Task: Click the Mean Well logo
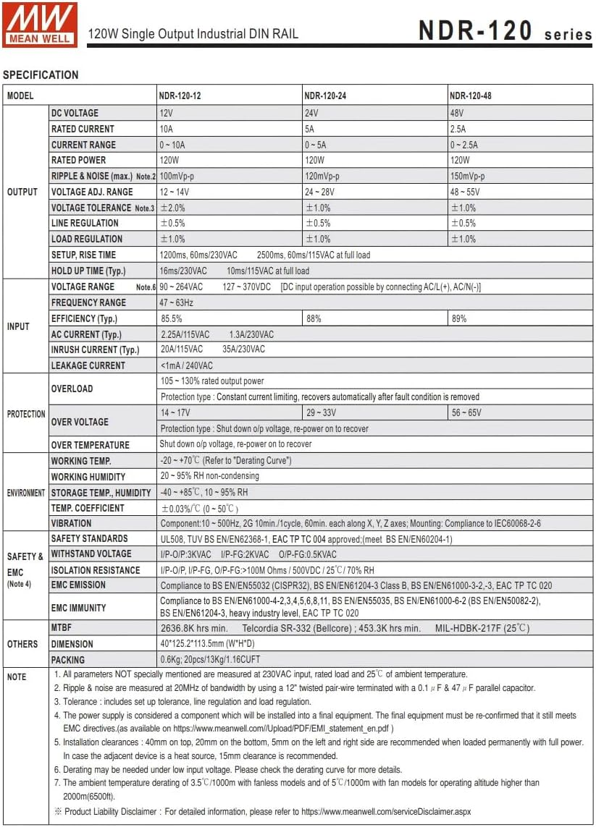[39, 25]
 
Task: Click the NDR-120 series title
[505, 31]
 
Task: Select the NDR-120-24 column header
[328, 96]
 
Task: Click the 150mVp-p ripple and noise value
[468, 177]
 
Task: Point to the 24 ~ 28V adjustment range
[320, 192]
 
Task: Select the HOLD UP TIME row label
[88, 271]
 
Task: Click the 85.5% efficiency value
[172, 318]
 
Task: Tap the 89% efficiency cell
[459, 318]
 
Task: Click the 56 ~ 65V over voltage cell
[466, 413]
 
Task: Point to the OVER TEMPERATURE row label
[91, 445]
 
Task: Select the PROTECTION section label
[26, 414]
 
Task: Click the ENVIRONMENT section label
[26, 493]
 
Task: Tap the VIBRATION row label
[72, 523]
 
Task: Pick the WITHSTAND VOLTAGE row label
[91, 554]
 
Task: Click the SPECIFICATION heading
[41, 75]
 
